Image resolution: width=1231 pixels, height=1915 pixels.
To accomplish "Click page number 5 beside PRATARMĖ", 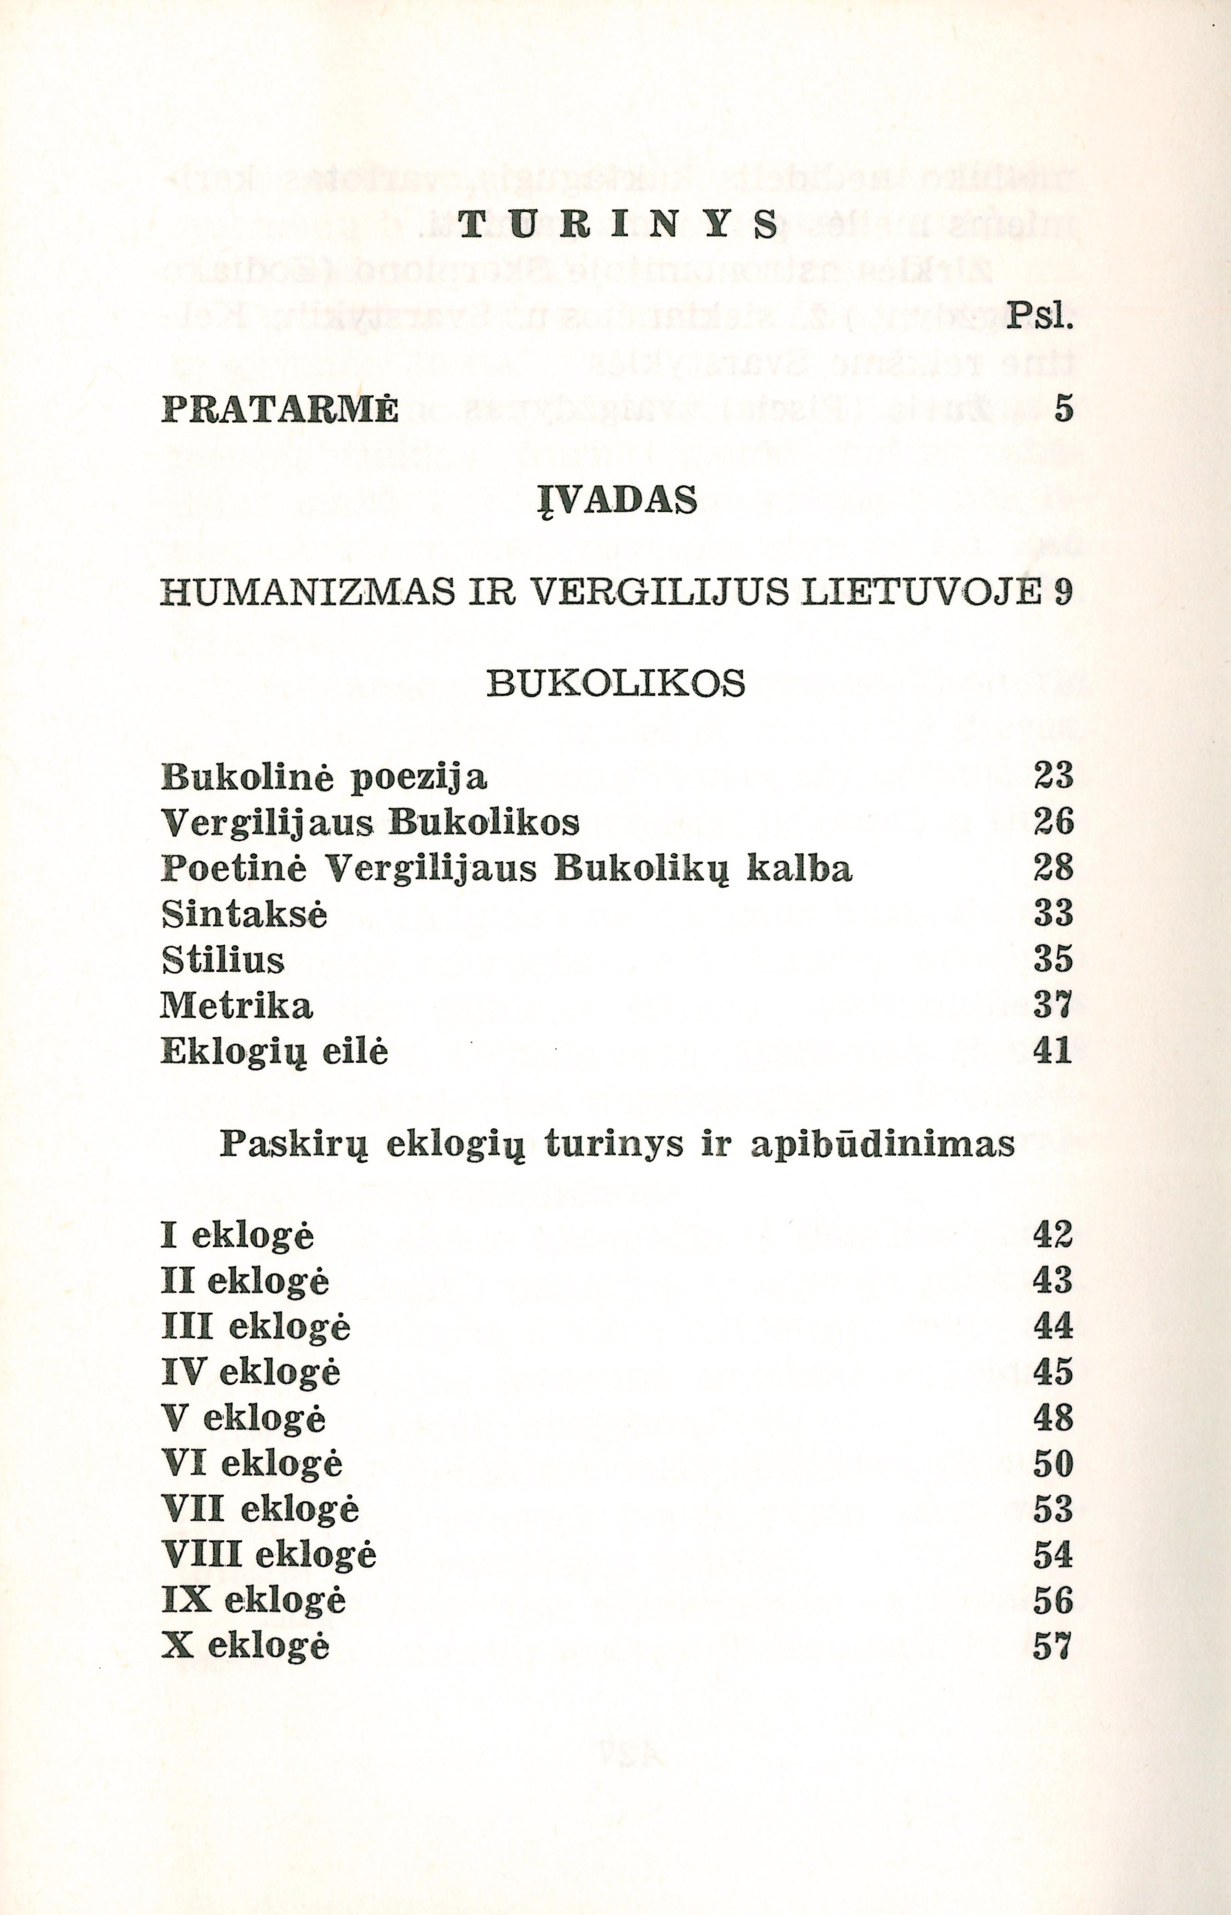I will pyautogui.click(x=1061, y=409).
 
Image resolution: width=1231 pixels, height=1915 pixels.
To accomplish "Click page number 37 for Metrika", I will pyautogui.click(x=1052, y=1005).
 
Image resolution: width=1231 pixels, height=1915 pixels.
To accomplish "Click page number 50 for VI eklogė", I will pyautogui.click(x=1052, y=1464).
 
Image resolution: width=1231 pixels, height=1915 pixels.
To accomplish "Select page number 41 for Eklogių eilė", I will pyautogui.click(x=1052, y=1050).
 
